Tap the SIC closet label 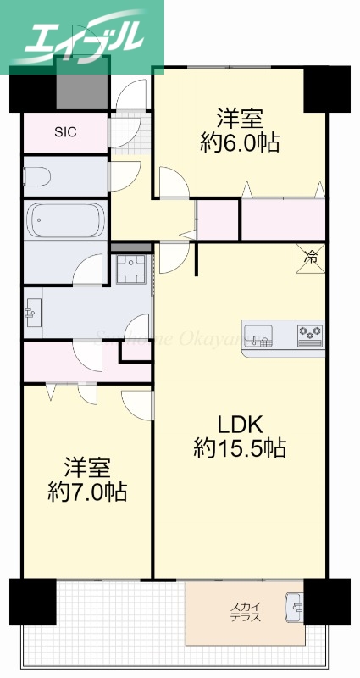(65, 131)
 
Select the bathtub (65, 220)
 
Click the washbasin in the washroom (33, 313)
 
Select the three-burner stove (309, 335)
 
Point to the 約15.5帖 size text (240, 447)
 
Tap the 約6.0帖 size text (241, 142)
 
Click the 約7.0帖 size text (87, 492)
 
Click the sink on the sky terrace (295, 607)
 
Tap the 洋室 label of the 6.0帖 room (241, 118)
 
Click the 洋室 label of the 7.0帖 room (87, 467)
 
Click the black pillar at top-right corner (327, 88)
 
